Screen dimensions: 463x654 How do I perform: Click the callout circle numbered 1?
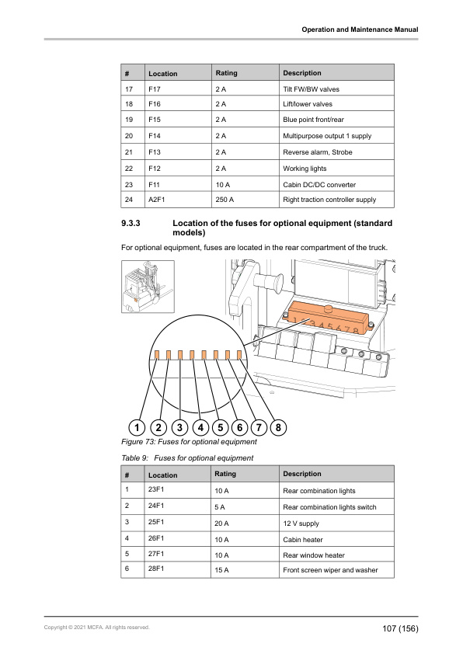[x=137, y=427]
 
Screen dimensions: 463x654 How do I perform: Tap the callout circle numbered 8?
[x=278, y=427]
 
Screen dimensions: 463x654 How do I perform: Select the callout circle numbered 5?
[x=221, y=427]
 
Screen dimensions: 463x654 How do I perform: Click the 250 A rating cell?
[x=245, y=200]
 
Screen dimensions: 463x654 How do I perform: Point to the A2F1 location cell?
[x=178, y=200]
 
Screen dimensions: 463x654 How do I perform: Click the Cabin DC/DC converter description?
[x=319, y=185]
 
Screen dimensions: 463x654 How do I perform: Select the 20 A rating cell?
[x=245, y=523]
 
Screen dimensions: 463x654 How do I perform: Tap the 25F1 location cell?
[x=178, y=523]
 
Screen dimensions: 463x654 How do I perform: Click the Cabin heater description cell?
[x=336, y=539]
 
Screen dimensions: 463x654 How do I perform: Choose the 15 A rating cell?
[x=245, y=570]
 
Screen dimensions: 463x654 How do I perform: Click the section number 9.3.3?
[x=131, y=223]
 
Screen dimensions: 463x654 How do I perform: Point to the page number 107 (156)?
[x=400, y=628]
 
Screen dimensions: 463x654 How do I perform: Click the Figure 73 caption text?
[x=189, y=442]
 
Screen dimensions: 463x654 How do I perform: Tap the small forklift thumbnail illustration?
[x=148, y=287]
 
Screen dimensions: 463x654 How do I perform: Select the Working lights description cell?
[x=336, y=168]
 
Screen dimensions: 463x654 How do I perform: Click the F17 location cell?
[x=178, y=89]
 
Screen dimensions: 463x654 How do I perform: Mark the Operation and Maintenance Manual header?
[x=360, y=30]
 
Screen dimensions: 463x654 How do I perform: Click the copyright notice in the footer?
[x=97, y=628]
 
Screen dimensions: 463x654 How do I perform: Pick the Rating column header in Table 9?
[x=225, y=474]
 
